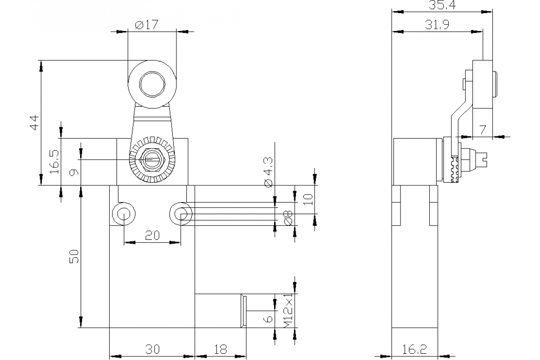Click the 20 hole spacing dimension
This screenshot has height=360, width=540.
point(152,235)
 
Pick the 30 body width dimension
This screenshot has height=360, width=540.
point(152,349)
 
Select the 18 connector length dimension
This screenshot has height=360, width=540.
point(220,349)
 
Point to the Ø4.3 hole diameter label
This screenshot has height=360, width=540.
point(269,172)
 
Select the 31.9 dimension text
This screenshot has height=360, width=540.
point(437,25)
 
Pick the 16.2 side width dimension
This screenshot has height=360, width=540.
point(415,349)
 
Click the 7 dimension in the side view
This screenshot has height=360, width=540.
point(482,130)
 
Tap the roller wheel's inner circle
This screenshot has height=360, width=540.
point(152,84)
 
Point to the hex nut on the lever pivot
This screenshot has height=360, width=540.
point(152,160)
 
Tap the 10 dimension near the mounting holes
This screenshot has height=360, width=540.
point(308,199)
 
